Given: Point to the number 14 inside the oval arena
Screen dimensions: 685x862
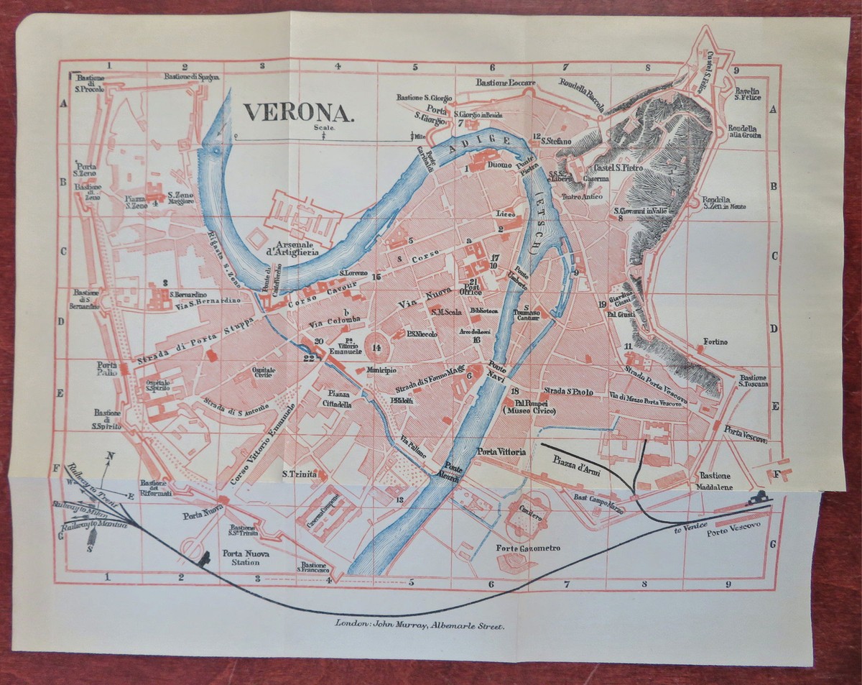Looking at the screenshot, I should click(x=376, y=348).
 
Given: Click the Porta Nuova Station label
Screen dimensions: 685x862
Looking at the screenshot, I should click(x=241, y=558).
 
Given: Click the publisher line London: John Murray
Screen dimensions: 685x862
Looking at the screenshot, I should click(x=420, y=625).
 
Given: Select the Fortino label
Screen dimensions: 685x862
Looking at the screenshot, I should click(x=715, y=341).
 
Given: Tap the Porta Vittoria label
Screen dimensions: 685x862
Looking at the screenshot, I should click(x=502, y=451).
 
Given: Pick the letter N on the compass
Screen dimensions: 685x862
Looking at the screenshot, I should click(x=110, y=455).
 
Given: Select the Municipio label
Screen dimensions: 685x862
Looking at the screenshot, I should click(x=381, y=370).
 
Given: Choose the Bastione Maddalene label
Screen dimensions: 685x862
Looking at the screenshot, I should click(x=715, y=481).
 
